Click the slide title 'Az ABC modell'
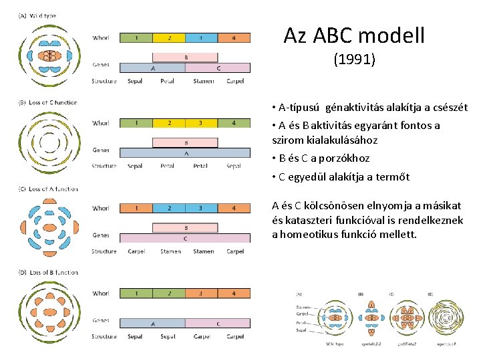353,35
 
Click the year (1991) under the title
354,60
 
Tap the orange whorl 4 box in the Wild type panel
234,38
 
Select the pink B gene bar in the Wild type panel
185,57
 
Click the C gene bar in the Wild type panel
218,68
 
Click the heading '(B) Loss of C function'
48,103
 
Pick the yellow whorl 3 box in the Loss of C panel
201,123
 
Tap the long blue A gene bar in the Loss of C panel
185,152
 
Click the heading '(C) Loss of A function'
48,189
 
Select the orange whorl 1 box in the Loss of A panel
136,209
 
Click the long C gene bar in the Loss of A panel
185,238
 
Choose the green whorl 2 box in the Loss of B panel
169,293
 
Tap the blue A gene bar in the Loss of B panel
152,323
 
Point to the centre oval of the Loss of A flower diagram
49,228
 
